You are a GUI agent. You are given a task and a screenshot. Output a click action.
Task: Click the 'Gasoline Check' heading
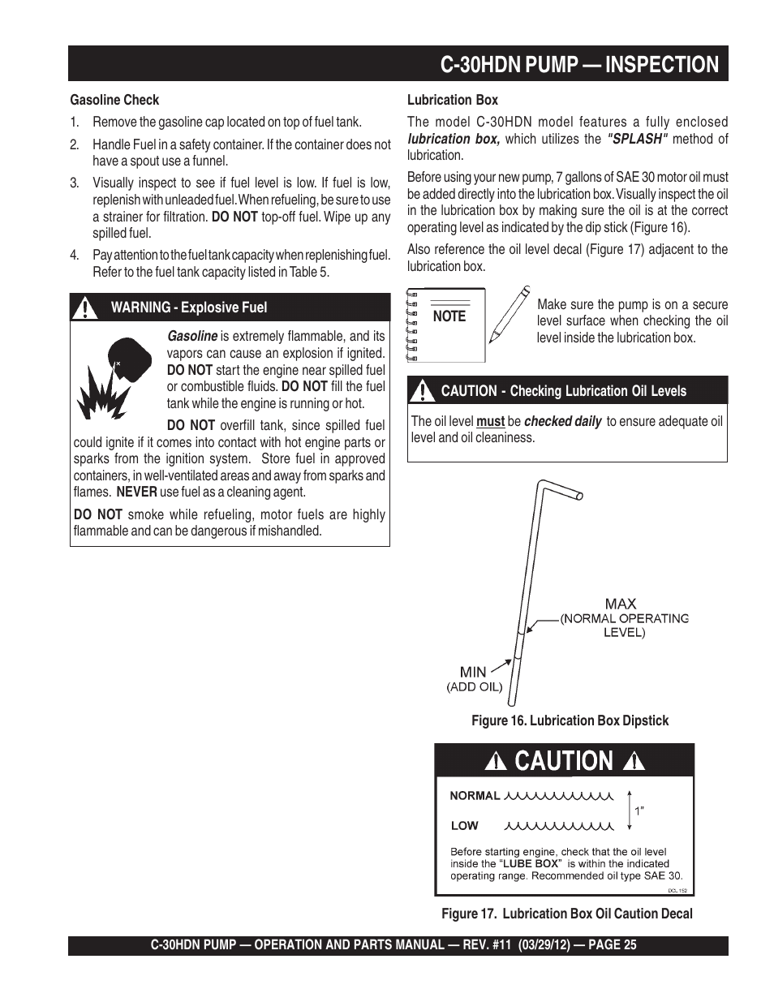[x=114, y=101]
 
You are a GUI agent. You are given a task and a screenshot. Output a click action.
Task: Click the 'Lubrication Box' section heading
[x=452, y=101]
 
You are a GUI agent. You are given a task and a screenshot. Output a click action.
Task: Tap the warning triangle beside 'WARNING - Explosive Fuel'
[x=84, y=307]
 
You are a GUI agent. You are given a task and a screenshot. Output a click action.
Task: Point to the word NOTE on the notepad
[x=449, y=316]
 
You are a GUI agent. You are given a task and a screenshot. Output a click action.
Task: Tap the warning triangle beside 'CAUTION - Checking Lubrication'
[x=422, y=391]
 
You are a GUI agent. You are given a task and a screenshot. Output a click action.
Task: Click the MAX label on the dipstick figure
[x=621, y=604]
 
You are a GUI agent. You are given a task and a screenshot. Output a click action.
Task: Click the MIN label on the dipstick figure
[x=473, y=672]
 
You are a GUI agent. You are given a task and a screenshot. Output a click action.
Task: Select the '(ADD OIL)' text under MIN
[x=475, y=687]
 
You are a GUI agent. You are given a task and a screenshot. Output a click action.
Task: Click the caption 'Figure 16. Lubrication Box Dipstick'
[x=570, y=720]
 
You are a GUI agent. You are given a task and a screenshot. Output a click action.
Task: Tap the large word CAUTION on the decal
[x=564, y=761]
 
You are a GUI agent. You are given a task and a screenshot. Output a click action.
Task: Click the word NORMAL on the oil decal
[x=475, y=796]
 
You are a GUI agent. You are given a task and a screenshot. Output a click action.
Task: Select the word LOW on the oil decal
[x=464, y=826]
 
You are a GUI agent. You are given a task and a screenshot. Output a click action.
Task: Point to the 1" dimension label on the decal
[x=639, y=811]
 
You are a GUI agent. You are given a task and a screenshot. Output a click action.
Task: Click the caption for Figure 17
[x=566, y=914]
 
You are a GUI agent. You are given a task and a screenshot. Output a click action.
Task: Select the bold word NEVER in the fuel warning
[x=135, y=492]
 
